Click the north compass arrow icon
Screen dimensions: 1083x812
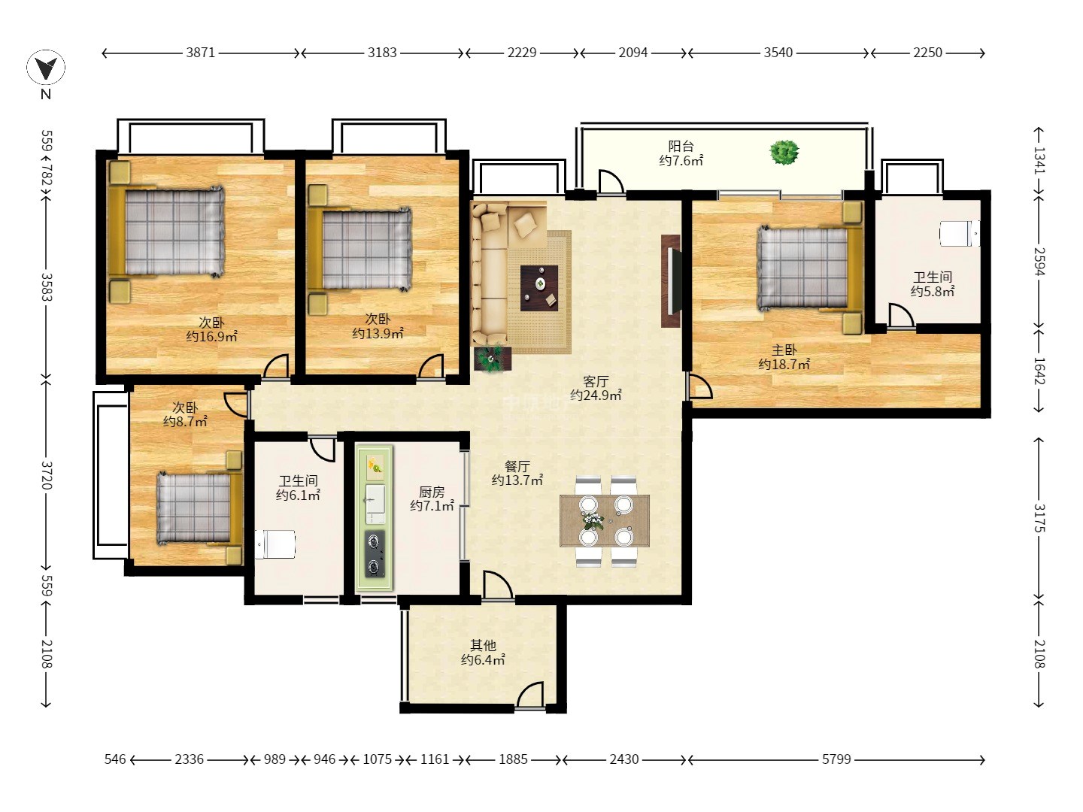[x=46, y=68]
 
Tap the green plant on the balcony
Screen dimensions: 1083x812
[x=784, y=153]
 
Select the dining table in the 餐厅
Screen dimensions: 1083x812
[x=605, y=520]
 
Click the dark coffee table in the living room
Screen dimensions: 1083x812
[x=539, y=288]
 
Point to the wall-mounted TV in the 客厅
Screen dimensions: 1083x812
[x=672, y=281]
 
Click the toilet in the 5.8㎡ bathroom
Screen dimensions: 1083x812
[x=959, y=233]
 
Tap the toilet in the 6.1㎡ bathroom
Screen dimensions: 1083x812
[x=275, y=544]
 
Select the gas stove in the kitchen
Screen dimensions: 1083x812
[x=375, y=554]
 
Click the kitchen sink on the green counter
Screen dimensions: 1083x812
[x=375, y=504]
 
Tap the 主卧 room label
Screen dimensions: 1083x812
[x=784, y=350]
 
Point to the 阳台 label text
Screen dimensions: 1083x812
[x=681, y=146]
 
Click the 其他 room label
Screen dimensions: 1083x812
[x=483, y=645]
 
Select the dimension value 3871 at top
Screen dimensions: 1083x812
[x=200, y=53]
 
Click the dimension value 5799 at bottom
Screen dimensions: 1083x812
[x=836, y=759]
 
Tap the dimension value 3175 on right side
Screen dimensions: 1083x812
[x=1038, y=518]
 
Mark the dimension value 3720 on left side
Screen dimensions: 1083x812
[x=47, y=475]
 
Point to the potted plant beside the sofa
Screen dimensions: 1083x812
[x=493, y=359]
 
